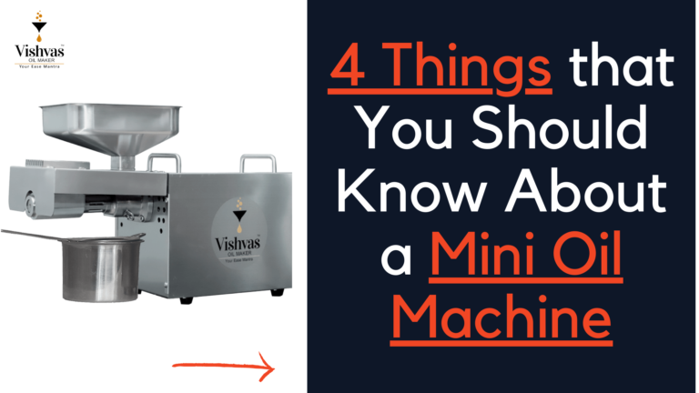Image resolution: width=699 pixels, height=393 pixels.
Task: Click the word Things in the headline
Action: (472, 67)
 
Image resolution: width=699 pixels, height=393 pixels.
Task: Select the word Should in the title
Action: (560, 126)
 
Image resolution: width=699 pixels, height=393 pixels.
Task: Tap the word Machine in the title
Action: (501, 317)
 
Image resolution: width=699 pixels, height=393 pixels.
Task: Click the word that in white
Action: (622, 65)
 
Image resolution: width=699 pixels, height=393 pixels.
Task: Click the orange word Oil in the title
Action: (587, 253)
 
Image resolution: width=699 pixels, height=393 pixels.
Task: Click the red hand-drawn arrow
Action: (224, 367)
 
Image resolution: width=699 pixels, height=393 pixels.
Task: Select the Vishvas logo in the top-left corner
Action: (39, 39)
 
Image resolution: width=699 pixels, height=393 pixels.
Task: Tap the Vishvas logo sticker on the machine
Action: (238, 232)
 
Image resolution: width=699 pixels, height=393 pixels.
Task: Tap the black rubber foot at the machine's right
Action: (278, 292)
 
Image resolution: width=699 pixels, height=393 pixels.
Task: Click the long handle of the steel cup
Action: (31, 235)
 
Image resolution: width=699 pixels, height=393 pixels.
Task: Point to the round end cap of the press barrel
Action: (30, 205)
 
